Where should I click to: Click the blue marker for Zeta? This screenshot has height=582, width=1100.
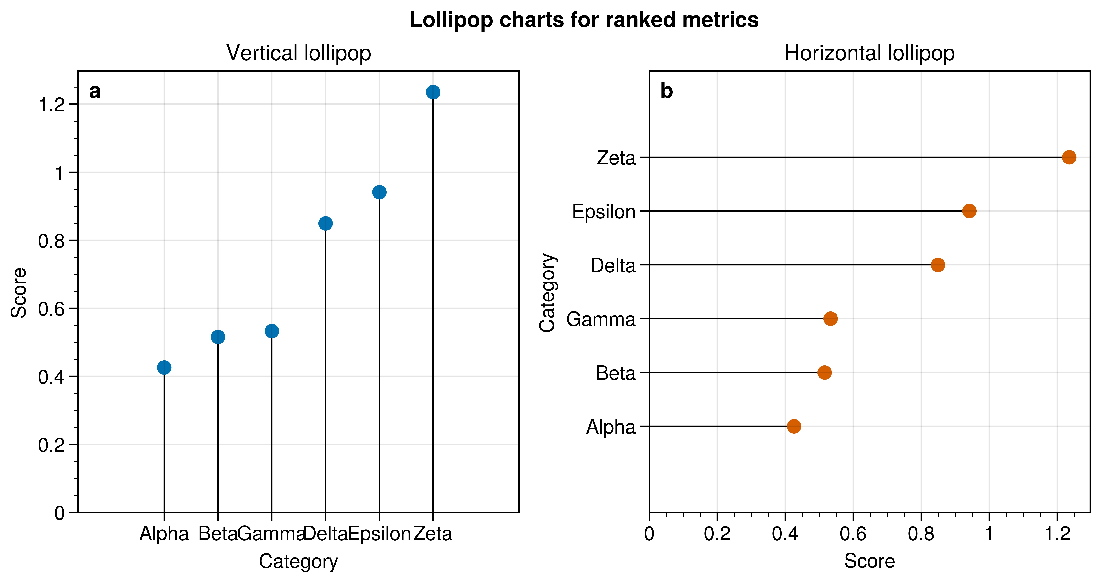click(433, 92)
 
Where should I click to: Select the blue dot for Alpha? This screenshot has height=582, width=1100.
click(164, 367)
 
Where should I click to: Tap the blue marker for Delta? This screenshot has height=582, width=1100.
click(325, 224)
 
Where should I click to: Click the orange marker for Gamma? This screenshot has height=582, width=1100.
click(830, 319)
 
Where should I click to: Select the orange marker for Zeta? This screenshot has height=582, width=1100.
click(1069, 157)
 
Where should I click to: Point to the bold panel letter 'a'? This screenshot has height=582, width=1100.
click(95, 91)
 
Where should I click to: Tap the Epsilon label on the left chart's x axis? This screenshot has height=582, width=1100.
click(379, 534)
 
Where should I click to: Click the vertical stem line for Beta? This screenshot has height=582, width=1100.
click(218, 427)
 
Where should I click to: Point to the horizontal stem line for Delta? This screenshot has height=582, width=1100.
click(790, 265)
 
